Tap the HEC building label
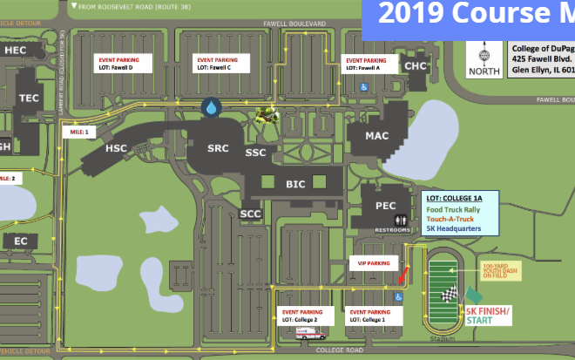16,51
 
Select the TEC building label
29,98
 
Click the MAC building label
377,135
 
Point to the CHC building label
416,65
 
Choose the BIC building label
295,185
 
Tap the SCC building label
251,214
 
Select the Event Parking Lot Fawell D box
123,63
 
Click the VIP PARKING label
374,262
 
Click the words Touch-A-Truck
450,219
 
